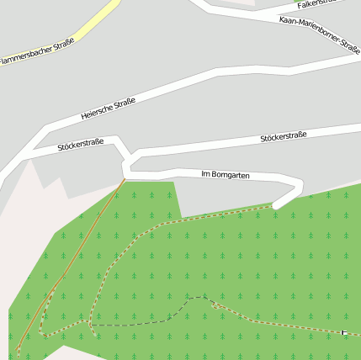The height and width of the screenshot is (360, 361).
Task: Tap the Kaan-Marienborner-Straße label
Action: pyautogui.click(x=319, y=33)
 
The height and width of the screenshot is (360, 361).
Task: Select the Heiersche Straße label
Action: pyautogui.click(x=109, y=108)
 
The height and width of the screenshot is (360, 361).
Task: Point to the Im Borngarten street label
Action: pyautogui.click(x=226, y=174)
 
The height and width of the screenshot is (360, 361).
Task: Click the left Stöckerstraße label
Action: pyautogui.click(x=80, y=144)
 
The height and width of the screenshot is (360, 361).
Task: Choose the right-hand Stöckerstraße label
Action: pyautogui.click(x=283, y=135)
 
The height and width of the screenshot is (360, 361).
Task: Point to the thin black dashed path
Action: pyautogui.click(x=135, y=324)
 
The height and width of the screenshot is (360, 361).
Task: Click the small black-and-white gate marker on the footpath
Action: pyautogui.click(x=343, y=333)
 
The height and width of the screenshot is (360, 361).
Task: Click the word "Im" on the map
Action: pyautogui.click(x=206, y=174)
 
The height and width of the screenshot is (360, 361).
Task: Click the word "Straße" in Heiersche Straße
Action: pyautogui.click(x=125, y=103)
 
